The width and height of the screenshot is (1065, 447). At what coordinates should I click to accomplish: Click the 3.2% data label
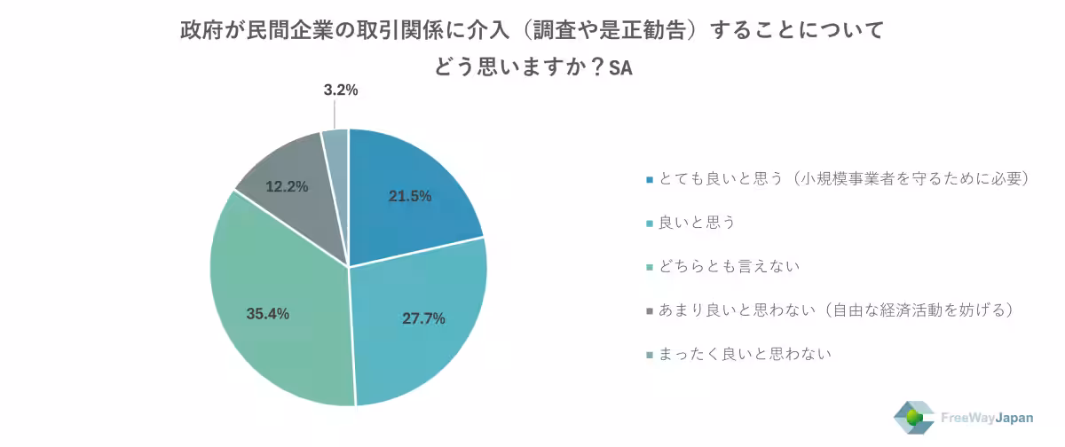(x=340, y=90)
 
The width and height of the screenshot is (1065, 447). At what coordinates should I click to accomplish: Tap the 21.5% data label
(x=410, y=196)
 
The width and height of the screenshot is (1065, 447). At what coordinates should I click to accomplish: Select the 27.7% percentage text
(x=423, y=318)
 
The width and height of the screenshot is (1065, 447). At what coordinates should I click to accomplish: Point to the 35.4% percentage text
(x=267, y=313)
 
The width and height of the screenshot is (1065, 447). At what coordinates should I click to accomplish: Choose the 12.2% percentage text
(x=287, y=186)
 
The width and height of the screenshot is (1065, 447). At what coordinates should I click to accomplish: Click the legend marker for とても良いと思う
(x=651, y=179)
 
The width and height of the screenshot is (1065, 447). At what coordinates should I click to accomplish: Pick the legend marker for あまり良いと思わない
(x=651, y=310)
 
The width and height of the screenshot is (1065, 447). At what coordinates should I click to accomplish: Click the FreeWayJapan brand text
(x=992, y=417)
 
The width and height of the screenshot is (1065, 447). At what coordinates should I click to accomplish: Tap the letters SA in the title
(x=620, y=67)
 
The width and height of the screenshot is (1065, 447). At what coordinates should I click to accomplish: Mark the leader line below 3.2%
(x=335, y=114)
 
